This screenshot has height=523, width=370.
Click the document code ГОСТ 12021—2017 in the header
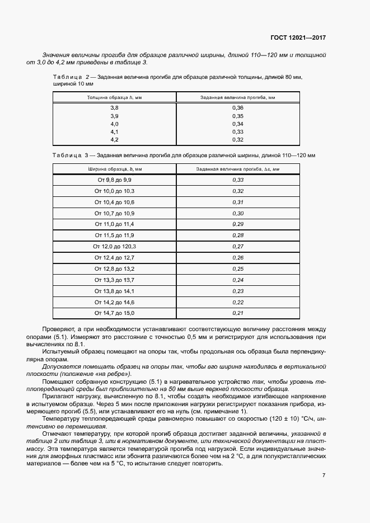[298, 38]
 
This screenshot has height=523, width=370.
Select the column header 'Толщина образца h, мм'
[114, 97]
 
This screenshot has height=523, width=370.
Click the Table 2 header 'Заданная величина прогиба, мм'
[237, 97]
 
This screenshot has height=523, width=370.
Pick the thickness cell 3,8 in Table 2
[114, 107]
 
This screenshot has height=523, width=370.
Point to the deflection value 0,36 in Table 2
[237, 107]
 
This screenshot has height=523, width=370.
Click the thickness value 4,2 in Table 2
[114, 139]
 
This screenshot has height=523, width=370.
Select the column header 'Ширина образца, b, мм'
[114, 168]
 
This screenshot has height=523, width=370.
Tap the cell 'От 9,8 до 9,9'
[114, 180]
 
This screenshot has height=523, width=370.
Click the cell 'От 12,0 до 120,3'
[114, 246]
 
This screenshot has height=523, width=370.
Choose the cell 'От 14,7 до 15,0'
[114, 313]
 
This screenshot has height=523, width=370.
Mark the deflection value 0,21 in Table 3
[237, 313]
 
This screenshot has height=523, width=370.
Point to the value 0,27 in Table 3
[237, 246]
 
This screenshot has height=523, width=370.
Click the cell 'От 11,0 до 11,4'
[114, 224]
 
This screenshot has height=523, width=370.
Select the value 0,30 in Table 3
[237, 213]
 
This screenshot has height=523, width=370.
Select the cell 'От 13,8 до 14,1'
[114, 291]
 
